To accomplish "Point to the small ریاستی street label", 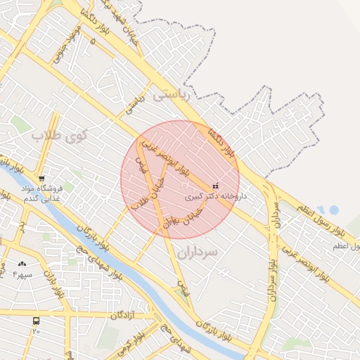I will coord(134,105).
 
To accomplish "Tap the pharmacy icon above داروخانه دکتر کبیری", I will coord(214,186).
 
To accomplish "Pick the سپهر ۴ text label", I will coord(22,273).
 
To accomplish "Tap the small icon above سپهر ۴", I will coord(22,264).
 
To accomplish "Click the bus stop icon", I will coord(36,321).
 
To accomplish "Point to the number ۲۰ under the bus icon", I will coord(36,330).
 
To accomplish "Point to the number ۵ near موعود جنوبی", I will coord(93,42).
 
